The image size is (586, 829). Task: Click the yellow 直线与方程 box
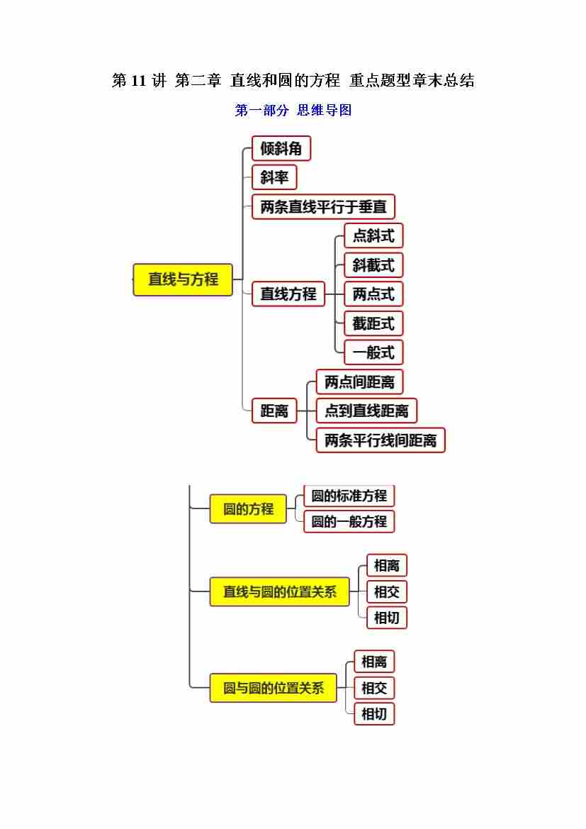[x=183, y=279]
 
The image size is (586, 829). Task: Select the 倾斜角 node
[x=281, y=148]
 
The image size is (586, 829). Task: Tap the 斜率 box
[x=274, y=177]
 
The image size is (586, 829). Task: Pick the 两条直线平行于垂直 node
[x=323, y=207]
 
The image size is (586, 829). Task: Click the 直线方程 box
[x=288, y=294]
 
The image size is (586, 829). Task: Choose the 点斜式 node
[x=373, y=235]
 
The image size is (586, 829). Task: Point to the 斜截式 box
[x=373, y=265]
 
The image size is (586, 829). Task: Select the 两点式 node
[x=373, y=294]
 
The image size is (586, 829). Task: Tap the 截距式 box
[x=373, y=323]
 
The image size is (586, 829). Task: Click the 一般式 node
[x=373, y=352]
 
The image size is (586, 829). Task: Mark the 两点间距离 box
[x=359, y=382]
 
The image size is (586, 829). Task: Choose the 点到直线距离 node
[x=366, y=411]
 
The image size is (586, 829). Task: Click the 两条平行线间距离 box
[x=381, y=440]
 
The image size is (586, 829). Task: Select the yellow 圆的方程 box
[x=248, y=509]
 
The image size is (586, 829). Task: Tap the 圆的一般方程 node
[x=349, y=521]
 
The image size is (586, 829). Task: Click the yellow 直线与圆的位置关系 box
[x=280, y=591]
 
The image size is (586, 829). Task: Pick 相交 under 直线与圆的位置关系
[x=387, y=591]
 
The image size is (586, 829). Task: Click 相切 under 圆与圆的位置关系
[x=374, y=713]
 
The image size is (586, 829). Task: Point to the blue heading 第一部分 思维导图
[x=293, y=110]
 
